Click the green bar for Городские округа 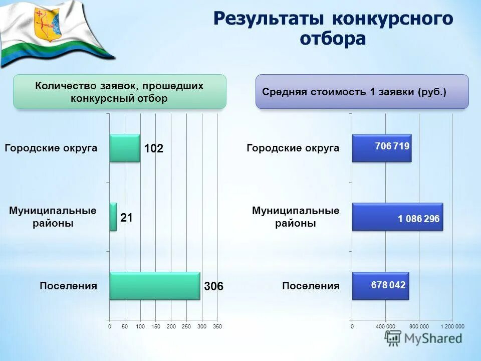tap(125, 148)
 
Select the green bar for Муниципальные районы tap(113, 217)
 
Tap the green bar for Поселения tap(154, 286)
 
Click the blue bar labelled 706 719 tap(381, 148)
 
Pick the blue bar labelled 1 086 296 tap(397, 217)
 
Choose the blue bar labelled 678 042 tap(380, 286)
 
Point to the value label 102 tap(154, 149)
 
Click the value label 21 tap(126, 218)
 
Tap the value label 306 tap(213, 287)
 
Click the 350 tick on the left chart tap(217, 326)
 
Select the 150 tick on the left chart tap(155, 326)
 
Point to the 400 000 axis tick tap(385, 326)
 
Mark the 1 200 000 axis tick tap(452, 326)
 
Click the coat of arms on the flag tap(46, 24)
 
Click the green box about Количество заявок tap(119, 92)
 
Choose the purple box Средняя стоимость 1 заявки tap(362, 92)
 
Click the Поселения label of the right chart tap(311, 286)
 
